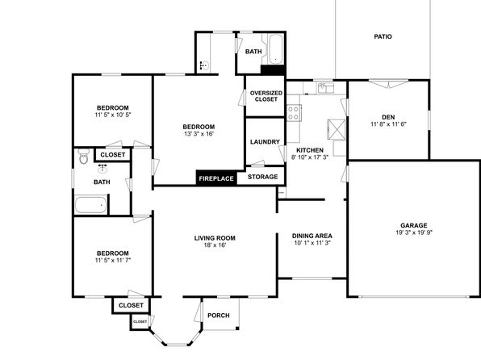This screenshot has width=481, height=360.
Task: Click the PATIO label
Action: coord(383,36)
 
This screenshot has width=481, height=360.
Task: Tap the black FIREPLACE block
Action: coord(216,178)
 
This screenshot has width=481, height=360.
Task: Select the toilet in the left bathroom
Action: coord(83,157)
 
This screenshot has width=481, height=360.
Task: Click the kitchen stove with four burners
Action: coord(294,113)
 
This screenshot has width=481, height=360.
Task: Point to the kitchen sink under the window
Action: coord(325,88)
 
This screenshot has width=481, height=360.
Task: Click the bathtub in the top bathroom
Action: coord(275,49)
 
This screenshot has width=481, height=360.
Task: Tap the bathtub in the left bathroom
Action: coord(91,205)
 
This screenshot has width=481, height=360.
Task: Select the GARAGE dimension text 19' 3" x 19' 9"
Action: coord(414,232)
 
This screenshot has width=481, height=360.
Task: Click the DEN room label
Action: coord(388,117)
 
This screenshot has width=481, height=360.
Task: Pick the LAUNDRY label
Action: coord(265,142)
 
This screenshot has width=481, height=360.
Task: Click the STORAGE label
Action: coord(262,177)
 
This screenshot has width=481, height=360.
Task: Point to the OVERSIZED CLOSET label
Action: coord(266,96)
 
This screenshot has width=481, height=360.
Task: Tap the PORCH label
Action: coord(219,316)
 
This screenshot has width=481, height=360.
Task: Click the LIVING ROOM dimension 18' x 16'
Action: coord(215,245)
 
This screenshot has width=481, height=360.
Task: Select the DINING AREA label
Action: coord(312,236)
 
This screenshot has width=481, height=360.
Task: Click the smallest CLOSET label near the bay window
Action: coord(140,321)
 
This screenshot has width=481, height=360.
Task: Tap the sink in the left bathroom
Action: coord(102,169)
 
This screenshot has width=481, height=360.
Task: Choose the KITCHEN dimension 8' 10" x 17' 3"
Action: coord(310,157)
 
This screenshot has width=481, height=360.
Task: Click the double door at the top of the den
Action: coord(389,84)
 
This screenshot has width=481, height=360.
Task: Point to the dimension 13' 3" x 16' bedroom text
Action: coord(199,134)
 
